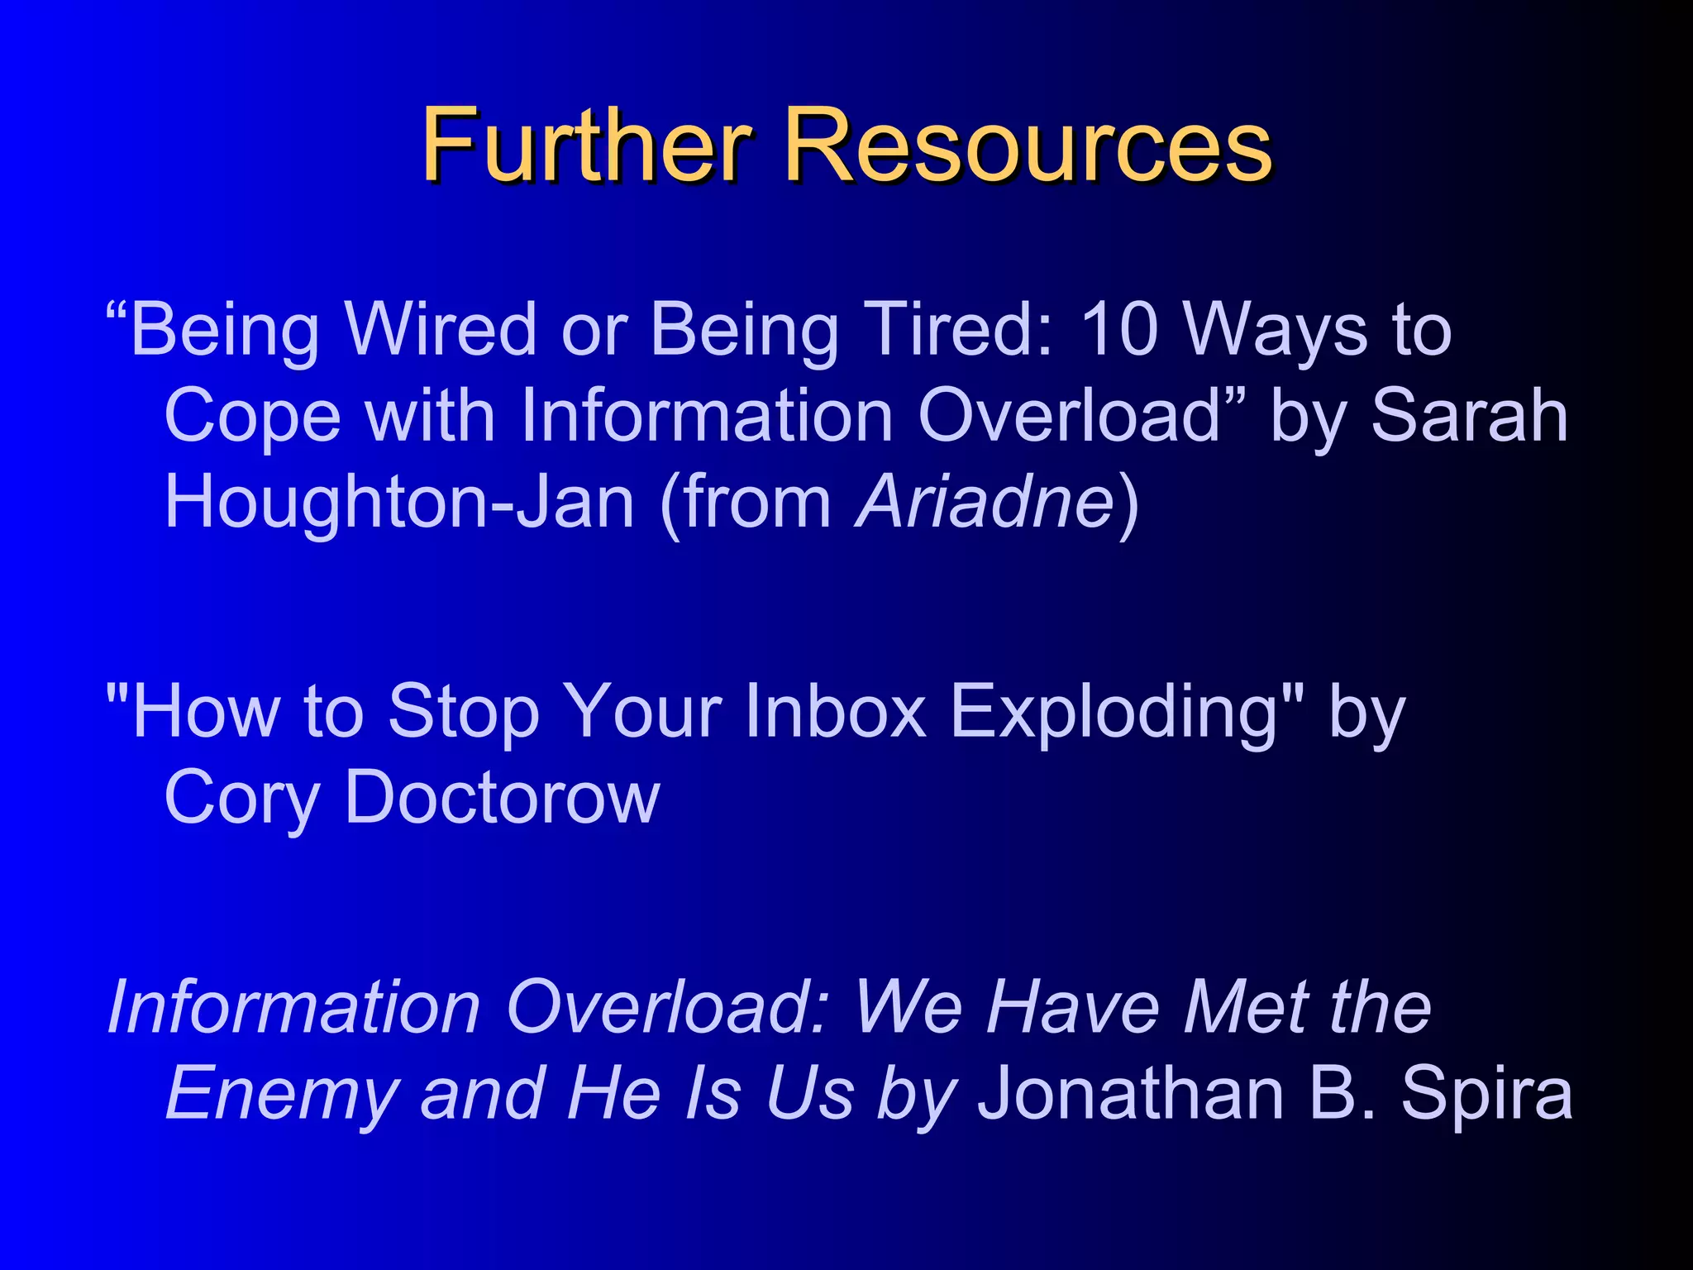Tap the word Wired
pos(441,329)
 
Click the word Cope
pos(252,416)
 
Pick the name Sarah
pos(1469,416)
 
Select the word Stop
pos(463,710)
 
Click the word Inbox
pos(835,710)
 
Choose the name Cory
pos(241,798)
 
